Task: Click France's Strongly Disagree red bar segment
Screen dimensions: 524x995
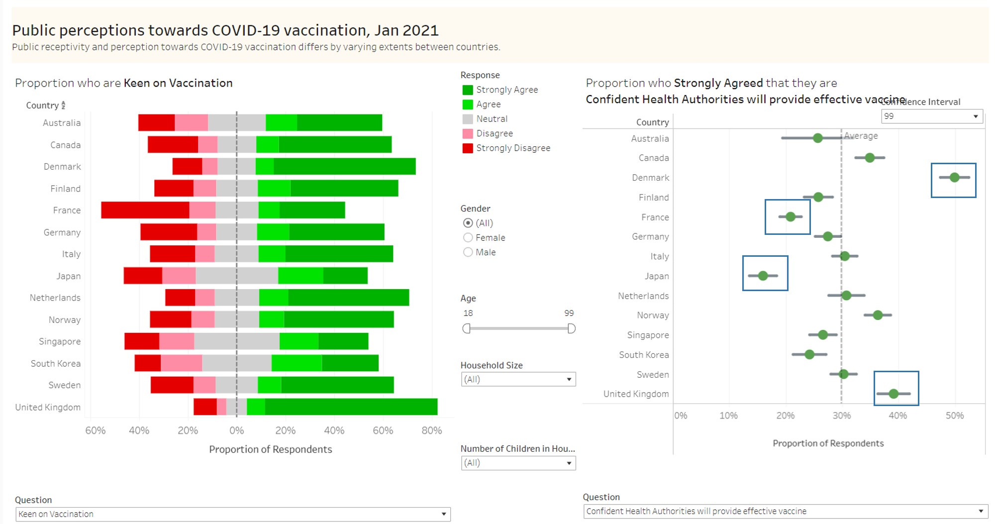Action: pyautogui.click(x=145, y=210)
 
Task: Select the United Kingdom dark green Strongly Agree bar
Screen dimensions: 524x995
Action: pyautogui.click(x=351, y=407)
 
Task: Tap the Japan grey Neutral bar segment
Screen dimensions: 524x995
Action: pyautogui.click(x=236, y=276)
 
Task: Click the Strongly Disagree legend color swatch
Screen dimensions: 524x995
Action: pyautogui.click(x=467, y=148)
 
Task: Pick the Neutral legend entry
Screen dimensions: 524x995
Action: pyautogui.click(x=492, y=119)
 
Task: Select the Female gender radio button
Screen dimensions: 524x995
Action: pyautogui.click(x=468, y=238)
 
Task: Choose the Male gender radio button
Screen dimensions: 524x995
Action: pyautogui.click(x=468, y=252)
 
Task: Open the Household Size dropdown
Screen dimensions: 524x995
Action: pyautogui.click(x=518, y=380)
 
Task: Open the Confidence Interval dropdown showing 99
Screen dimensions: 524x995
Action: pyautogui.click(x=931, y=116)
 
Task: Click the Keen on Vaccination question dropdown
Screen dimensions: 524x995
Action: pyautogui.click(x=232, y=514)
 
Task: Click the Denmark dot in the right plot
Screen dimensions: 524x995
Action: pyautogui.click(x=954, y=178)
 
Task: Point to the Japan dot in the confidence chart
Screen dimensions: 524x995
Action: pyautogui.click(x=763, y=276)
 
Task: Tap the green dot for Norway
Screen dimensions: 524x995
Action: pyautogui.click(x=878, y=315)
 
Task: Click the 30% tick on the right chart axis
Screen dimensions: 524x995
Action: pyautogui.click(x=841, y=416)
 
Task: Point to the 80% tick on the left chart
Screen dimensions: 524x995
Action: pyautogui.click(x=431, y=430)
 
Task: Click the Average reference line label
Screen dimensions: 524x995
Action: pyautogui.click(x=861, y=136)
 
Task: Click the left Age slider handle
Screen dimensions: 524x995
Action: pyautogui.click(x=466, y=328)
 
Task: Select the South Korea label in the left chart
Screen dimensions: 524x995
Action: pyautogui.click(x=56, y=364)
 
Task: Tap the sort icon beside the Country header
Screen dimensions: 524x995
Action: pyautogui.click(x=63, y=105)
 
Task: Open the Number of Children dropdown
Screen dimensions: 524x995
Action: pyautogui.click(x=518, y=463)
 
